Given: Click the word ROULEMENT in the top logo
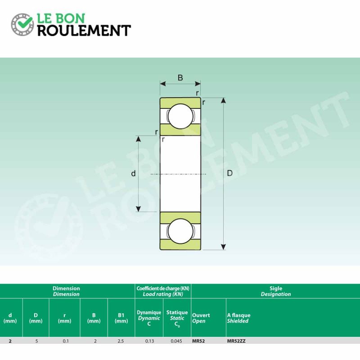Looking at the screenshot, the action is (84, 30).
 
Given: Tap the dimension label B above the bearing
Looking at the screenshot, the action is (180, 77).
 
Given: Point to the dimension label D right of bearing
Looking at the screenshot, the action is (229, 173).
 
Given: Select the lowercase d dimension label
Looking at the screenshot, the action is (133, 173).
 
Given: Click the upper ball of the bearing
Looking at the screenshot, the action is (180, 117).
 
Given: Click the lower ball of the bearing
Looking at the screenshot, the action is (180, 231).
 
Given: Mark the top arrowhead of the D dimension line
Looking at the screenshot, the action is (223, 100).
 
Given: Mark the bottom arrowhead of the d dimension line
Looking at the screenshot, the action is (139, 209).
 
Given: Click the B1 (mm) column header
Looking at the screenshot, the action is (121, 318).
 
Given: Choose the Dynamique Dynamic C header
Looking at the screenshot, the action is (149, 318).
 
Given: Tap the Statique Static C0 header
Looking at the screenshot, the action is (177, 319).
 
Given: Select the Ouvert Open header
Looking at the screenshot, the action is (201, 318).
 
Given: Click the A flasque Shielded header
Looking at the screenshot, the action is (238, 318).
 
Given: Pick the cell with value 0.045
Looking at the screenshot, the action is (176, 341).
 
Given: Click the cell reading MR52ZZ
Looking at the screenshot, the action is (236, 341).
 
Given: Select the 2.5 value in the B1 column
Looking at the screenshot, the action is (121, 341).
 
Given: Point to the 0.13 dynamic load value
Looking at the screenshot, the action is (149, 341).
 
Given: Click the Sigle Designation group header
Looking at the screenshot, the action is (276, 291).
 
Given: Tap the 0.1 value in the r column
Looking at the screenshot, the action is (66, 341).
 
